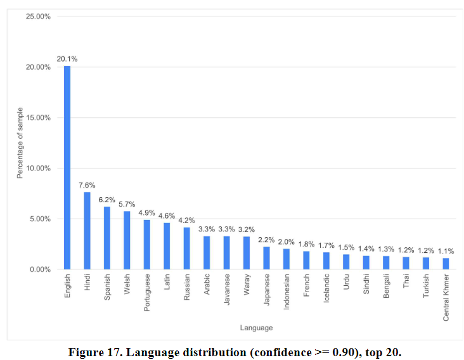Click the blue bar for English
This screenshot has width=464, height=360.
point(67,167)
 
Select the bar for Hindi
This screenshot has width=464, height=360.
point(87,231)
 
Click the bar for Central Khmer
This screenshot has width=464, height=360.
point(446,264)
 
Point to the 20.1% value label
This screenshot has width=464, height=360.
point(67,59)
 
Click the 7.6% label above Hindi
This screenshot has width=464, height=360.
point(87,185)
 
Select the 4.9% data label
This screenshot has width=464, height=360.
point(146,212)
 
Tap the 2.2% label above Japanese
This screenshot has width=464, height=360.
point(266,240)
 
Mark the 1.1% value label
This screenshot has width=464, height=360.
point(446,251)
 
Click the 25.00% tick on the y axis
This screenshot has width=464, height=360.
point(39,16)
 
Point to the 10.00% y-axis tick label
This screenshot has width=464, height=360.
point(39,169)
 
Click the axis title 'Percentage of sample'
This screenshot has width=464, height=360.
point(20,143)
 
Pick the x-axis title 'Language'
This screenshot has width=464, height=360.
point(256,328)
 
